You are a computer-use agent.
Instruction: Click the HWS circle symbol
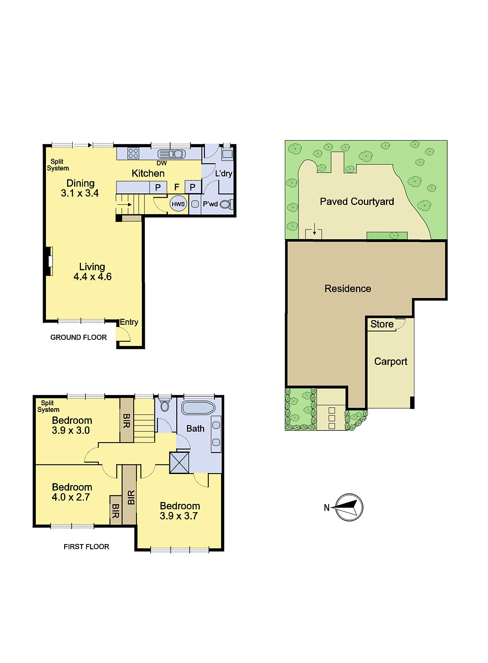178,203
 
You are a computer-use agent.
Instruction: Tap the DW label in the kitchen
162,163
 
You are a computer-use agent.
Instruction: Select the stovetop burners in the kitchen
133,153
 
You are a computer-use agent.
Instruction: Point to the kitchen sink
171,154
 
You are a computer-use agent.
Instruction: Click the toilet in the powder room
226,204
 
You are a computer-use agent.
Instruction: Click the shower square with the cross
179,462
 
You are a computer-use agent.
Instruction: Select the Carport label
390,361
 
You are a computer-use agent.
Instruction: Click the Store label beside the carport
382,324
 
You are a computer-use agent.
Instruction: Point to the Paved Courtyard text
357,201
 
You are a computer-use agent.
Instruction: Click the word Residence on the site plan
348,288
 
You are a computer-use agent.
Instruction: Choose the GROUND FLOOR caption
78,337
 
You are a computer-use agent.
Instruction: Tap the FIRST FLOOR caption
87,547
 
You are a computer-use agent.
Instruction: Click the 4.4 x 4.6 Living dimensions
93,277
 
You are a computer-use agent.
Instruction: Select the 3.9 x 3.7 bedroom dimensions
178,516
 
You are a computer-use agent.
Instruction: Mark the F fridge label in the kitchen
177,187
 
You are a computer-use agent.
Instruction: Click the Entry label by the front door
129,322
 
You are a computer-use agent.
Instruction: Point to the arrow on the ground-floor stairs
125,204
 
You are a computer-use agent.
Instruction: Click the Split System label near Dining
58,165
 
